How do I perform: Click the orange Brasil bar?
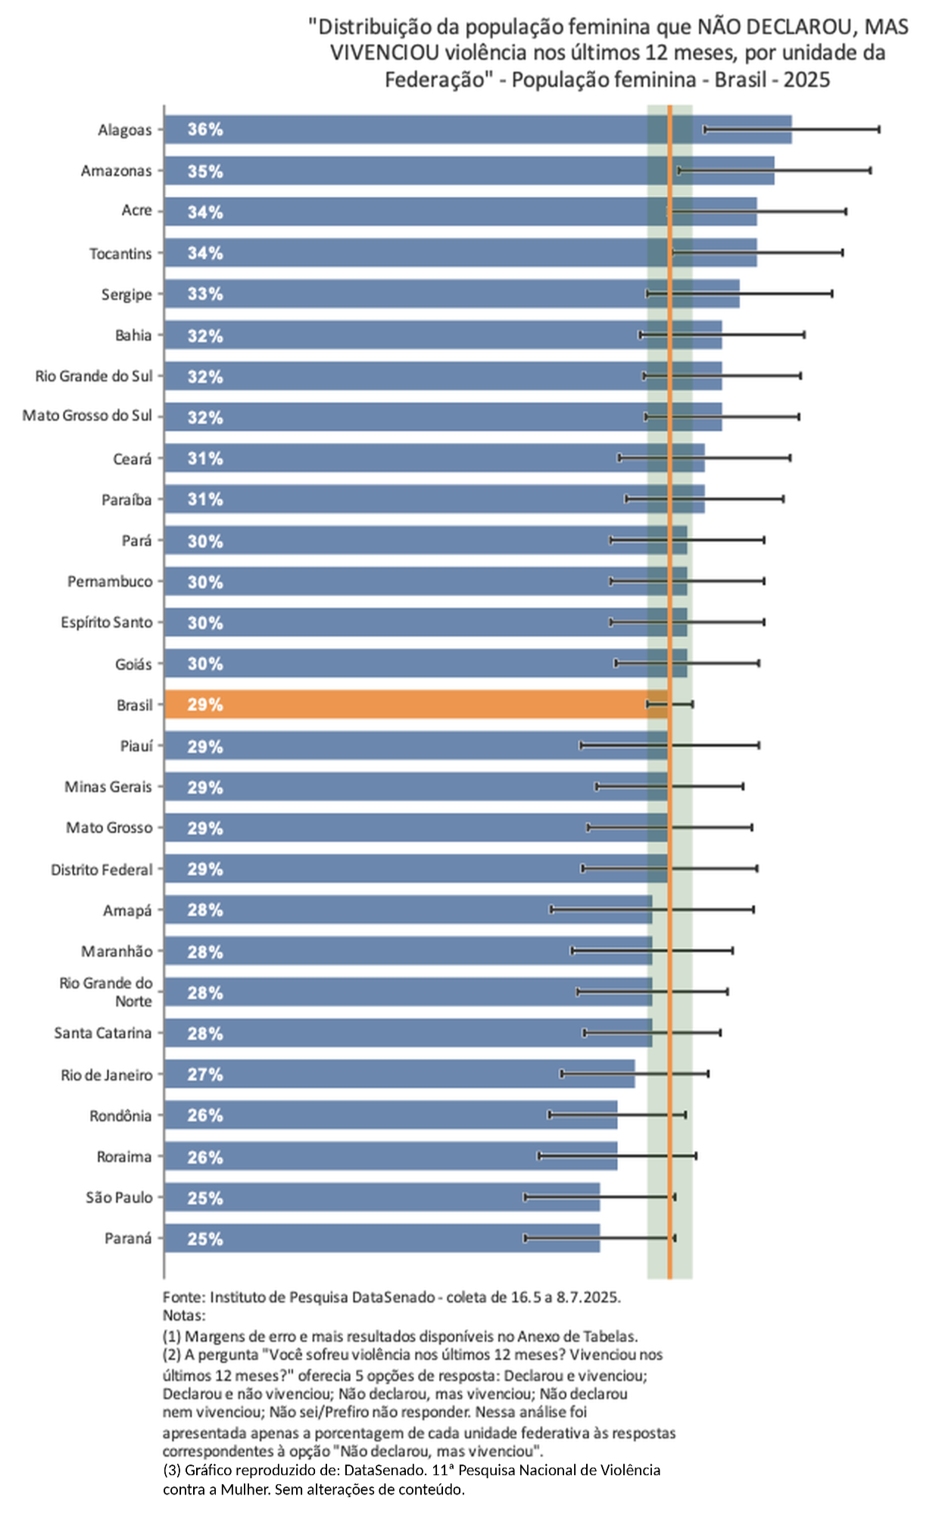click(x=416, y=704)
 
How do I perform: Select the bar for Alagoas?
click(x=478, y=129)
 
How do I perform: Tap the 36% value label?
click(x=205, y=129)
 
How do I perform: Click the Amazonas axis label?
click(x=117, y=171)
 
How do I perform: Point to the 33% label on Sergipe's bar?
click(x=205, y=294)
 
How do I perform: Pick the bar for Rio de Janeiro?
click(x=400, y=1074)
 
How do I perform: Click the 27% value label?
click(x=205, y=1074)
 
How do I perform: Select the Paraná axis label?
click(x=128, y=1238)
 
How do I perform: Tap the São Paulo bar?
click(x=382, y=1197)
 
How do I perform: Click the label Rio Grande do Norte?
click(x=106, y=992)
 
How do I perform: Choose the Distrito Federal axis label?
click(x=101, y=869)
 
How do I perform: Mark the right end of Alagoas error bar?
click(x=879, y=129)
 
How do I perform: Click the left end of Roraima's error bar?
click(x=539, y=1156)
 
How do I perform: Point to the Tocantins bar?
click(x=460, y=252)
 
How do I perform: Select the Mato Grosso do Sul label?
click(x=87, y=416)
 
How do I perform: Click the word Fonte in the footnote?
click(x=182, y=1297)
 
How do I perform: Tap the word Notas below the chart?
click(x=184, y=1315)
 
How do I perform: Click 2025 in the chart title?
click(x=806, y=80)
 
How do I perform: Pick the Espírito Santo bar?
click(x=426, y=622)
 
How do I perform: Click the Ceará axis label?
click(x=133, y=459)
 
